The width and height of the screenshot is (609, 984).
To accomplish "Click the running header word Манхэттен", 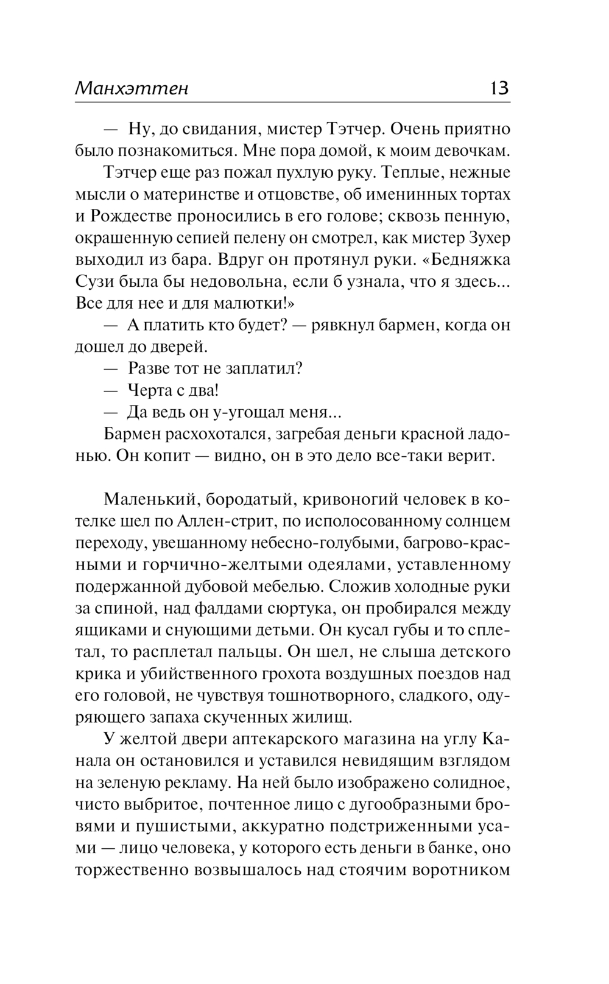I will tap(132, 88).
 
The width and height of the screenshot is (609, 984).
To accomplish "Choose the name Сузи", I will tap(93, 282).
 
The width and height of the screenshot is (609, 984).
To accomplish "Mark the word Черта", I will tap(150, 390).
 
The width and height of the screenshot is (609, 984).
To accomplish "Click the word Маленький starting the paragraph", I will tap(150, 500).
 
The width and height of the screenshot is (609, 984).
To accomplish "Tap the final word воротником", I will tap(461, 870).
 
